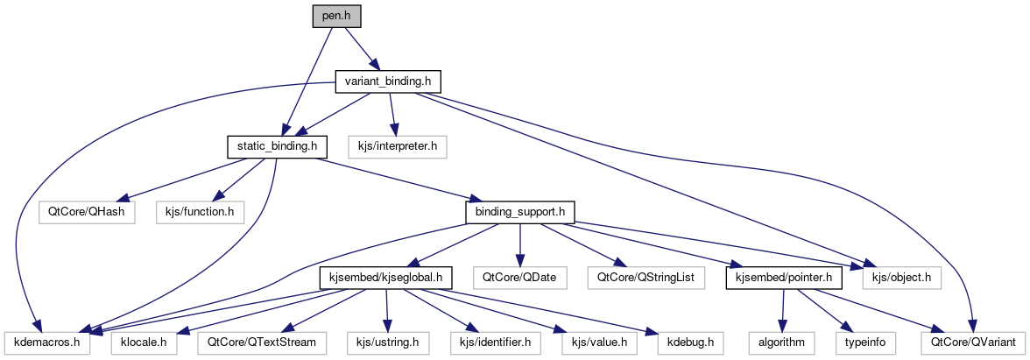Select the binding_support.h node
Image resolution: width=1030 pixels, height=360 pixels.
(x=519, y=211)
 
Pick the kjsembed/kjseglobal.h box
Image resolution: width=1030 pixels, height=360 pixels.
(x=385, y=278)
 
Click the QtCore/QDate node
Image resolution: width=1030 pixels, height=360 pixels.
(x=519, y=278)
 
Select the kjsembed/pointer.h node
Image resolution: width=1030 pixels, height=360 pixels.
(x=784, y=278)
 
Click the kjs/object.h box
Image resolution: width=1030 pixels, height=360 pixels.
(x=902, y=278)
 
